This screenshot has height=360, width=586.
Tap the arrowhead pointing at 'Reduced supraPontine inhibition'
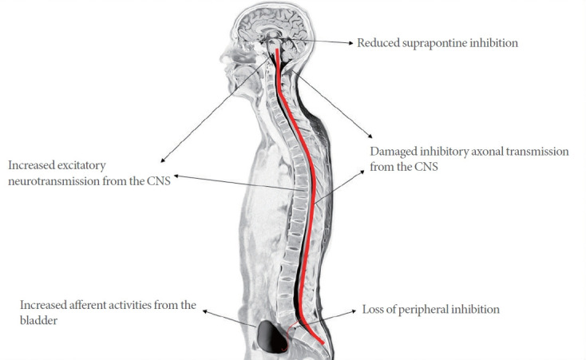click(x=351, y=43)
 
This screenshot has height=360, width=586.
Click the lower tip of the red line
click(x=323, y=344)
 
